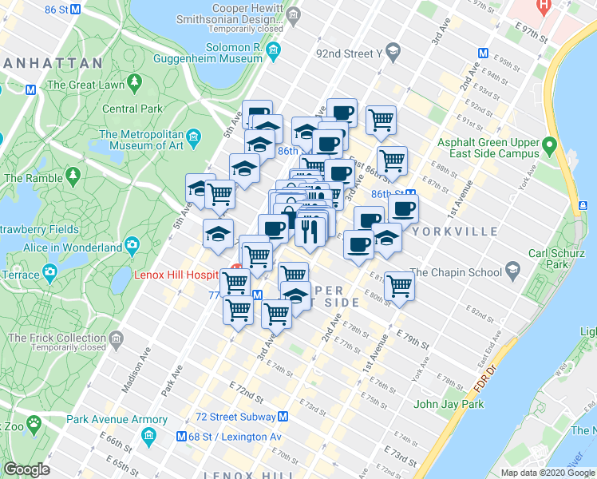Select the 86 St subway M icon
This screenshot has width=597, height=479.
click(x=75, y=10)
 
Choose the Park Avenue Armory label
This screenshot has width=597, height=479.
click(x=106, y=419)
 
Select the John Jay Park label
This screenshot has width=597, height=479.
click(x=449, y=404)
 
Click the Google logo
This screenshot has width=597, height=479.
click(x=26, y=469)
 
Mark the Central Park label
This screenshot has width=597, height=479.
click(x=132, y=109)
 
